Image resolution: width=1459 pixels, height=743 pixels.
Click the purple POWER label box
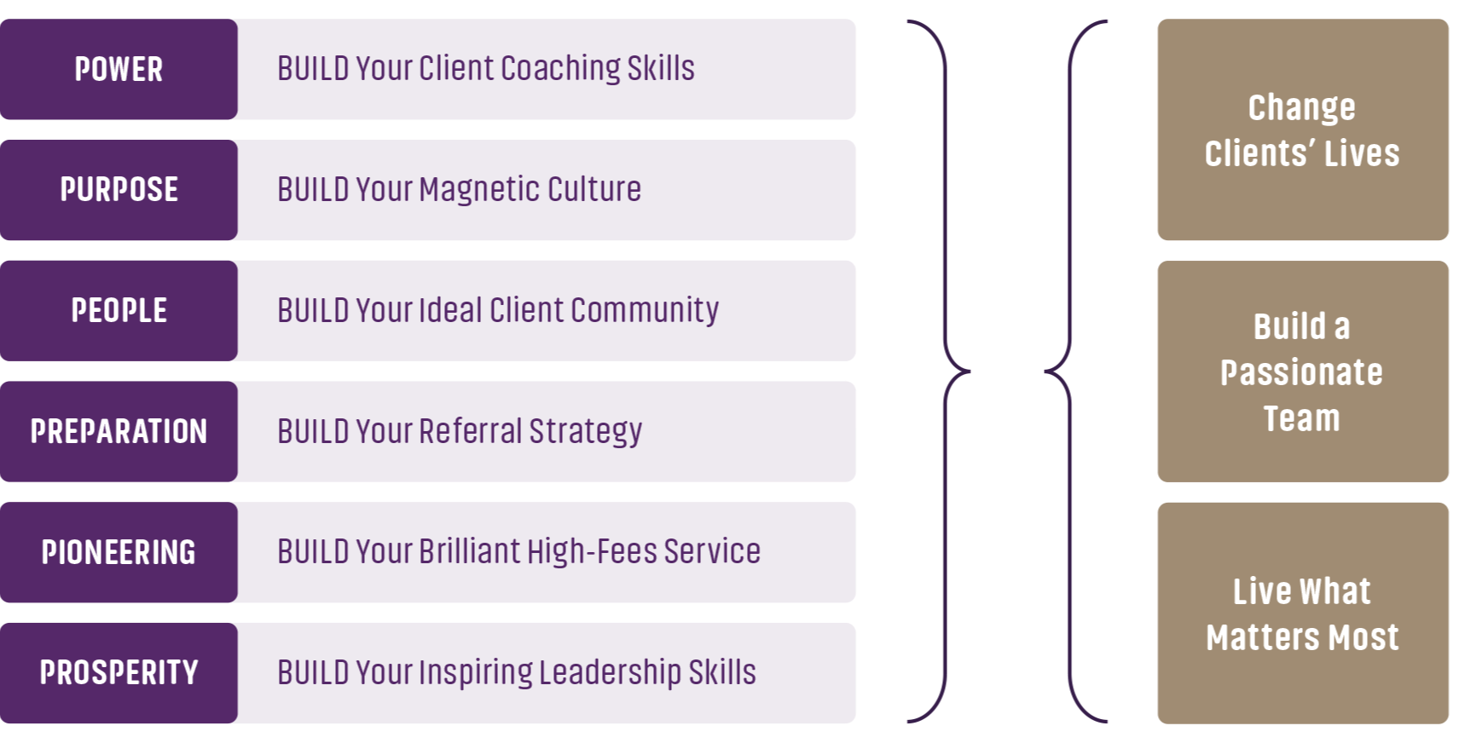[x=119, y=69]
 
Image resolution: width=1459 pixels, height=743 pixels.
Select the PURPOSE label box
[x=119, y=189]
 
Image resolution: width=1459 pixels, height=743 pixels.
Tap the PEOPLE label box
[x=119, y=310]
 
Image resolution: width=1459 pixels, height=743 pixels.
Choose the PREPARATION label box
[x=119, y=431]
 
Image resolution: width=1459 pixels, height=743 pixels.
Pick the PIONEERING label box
[x=119, y=552]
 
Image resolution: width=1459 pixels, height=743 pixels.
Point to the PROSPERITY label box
[x=119, y=672]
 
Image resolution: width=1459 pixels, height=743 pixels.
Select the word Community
[x=644, y=310]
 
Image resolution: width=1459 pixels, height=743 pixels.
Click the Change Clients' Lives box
[x=1302, y=130]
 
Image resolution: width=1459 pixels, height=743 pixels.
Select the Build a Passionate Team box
[x=1302, y=371]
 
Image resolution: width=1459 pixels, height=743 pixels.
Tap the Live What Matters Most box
[x=1302, y=613]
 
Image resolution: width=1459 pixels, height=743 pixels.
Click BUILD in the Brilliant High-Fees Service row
[x=312, y=552]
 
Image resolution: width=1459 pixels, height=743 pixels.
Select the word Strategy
[x=585, y=431]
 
